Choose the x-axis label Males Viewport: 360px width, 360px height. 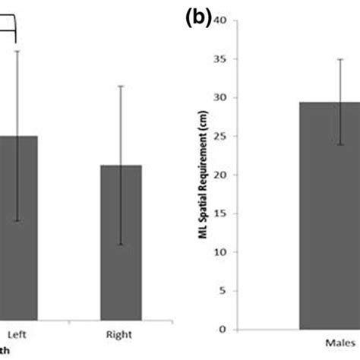(339, 344)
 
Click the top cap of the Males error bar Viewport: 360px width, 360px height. (339, 58)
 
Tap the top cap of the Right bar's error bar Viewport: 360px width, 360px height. (121, 86)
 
